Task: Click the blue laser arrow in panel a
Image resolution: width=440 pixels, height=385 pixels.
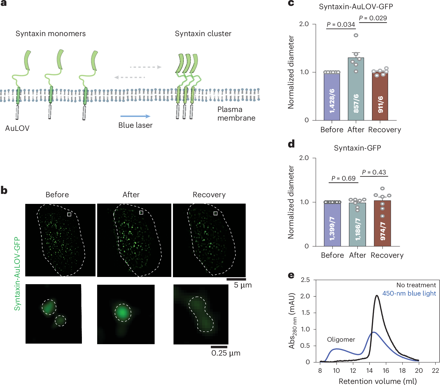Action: coord(135,116)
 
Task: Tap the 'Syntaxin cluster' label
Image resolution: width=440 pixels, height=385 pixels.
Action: coord(203,34)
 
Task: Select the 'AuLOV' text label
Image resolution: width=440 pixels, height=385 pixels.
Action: coord(17,128)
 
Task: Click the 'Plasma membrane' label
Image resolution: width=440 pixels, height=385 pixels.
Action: coord(236,114)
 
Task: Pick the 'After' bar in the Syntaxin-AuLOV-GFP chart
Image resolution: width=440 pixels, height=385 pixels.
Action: coord(356,89)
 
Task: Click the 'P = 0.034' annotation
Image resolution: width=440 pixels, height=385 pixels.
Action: coord(341,24)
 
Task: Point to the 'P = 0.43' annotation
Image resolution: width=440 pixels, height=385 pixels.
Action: coord(374,172)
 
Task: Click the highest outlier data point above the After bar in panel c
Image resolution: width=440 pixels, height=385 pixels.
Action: coord(356,35)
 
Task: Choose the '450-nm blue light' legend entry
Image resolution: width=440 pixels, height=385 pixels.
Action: coord(409,293)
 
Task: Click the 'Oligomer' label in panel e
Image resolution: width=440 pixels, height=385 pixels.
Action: coord(341,339)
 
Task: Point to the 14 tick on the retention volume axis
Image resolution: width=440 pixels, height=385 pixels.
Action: coord(369,371)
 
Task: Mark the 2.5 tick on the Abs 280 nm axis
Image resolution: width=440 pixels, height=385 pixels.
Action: coord(305,280)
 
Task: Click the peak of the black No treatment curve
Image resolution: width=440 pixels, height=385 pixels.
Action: coord(377,296)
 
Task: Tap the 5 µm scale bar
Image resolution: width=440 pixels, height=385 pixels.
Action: coord(236,279)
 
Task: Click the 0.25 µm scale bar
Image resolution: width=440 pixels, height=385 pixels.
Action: coord(219,347)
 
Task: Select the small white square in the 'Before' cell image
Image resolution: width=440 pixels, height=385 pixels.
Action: coord(69,214)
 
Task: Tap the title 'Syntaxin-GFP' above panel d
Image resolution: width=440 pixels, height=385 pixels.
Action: coord(357,148)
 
